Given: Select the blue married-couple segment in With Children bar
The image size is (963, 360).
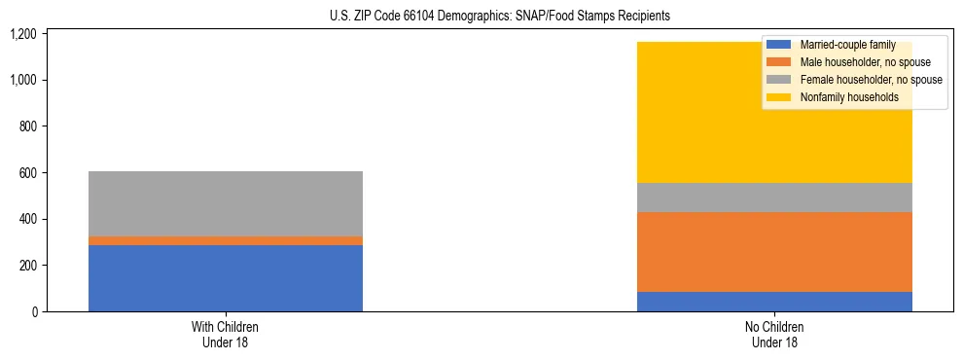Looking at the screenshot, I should (226, 278).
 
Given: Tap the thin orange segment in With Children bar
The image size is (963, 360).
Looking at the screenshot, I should (226, 240).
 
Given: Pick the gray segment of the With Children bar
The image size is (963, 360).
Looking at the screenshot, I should (226, 203).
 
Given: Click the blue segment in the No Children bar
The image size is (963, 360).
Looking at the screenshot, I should (774, 302).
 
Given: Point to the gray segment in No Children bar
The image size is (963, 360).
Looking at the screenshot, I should (774, 198).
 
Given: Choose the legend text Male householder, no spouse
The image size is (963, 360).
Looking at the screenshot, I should (852, 62).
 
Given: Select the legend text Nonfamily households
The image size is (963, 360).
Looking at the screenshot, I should (842, 97).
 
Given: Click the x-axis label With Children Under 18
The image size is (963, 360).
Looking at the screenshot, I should (226, 335).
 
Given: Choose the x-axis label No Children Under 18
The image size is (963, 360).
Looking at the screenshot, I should (774, 335).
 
